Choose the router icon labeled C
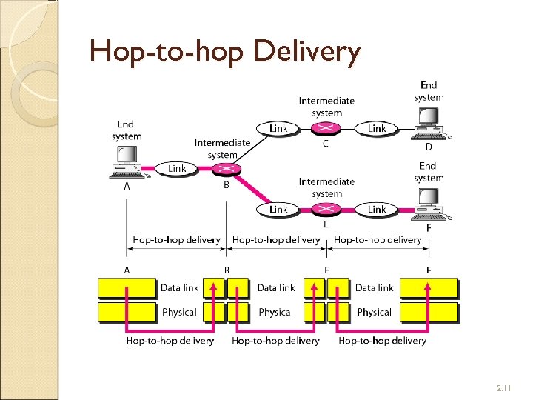pos(326,129)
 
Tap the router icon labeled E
pos(326,210)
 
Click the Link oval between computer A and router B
pos(177,169)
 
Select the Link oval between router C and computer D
pos(377,129)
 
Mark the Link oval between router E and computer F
pos(377,210)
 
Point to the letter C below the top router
pos(326,144)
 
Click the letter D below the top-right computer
pos(429,147)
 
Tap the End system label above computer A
pos(127,130)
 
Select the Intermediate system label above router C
pos(326,107)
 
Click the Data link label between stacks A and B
pos(179,287)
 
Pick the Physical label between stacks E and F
pos(374,312)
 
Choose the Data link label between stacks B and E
pos(275,287)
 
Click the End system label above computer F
pos(429,172)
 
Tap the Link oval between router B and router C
pos(278,129)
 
